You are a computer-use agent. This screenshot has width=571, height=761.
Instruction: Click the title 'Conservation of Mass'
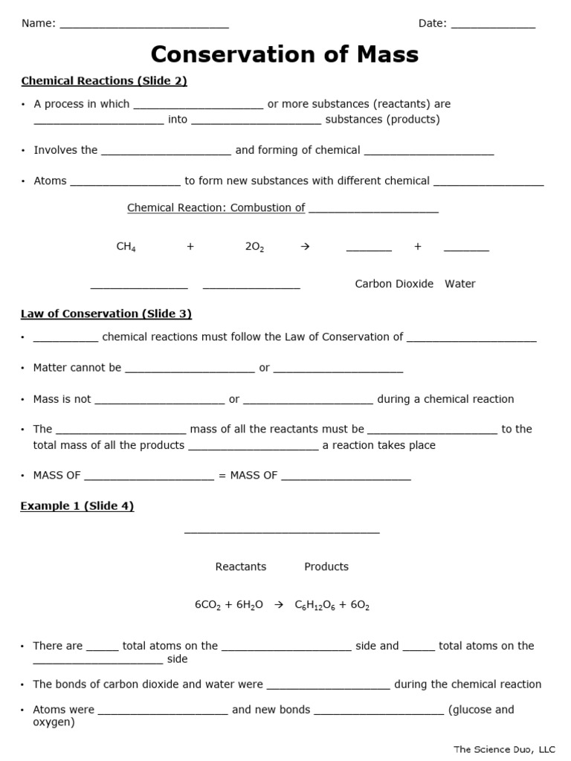click(285, 54)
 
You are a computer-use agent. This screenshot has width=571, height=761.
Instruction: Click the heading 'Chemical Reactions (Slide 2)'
click(104, 81)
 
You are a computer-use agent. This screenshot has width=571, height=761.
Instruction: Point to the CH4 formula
click(126, 247)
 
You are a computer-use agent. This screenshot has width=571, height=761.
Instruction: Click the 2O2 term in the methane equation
click(254, 247)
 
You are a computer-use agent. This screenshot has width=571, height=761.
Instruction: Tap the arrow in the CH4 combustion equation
click(303, 247)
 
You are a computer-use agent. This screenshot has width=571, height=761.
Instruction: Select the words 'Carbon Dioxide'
click(394, 284)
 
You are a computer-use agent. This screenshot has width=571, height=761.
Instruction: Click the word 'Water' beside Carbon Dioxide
click(460, 284)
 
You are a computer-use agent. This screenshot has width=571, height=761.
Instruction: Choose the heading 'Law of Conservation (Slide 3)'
click(106, 314)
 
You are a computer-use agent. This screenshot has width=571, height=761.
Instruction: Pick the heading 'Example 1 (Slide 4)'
click(77, 506)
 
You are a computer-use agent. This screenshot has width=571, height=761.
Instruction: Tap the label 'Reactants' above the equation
click(240, 566)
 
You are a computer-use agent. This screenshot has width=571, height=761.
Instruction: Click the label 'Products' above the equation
click(326, 566)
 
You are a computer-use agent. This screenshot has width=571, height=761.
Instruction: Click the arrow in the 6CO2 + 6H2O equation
click(280, 606)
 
